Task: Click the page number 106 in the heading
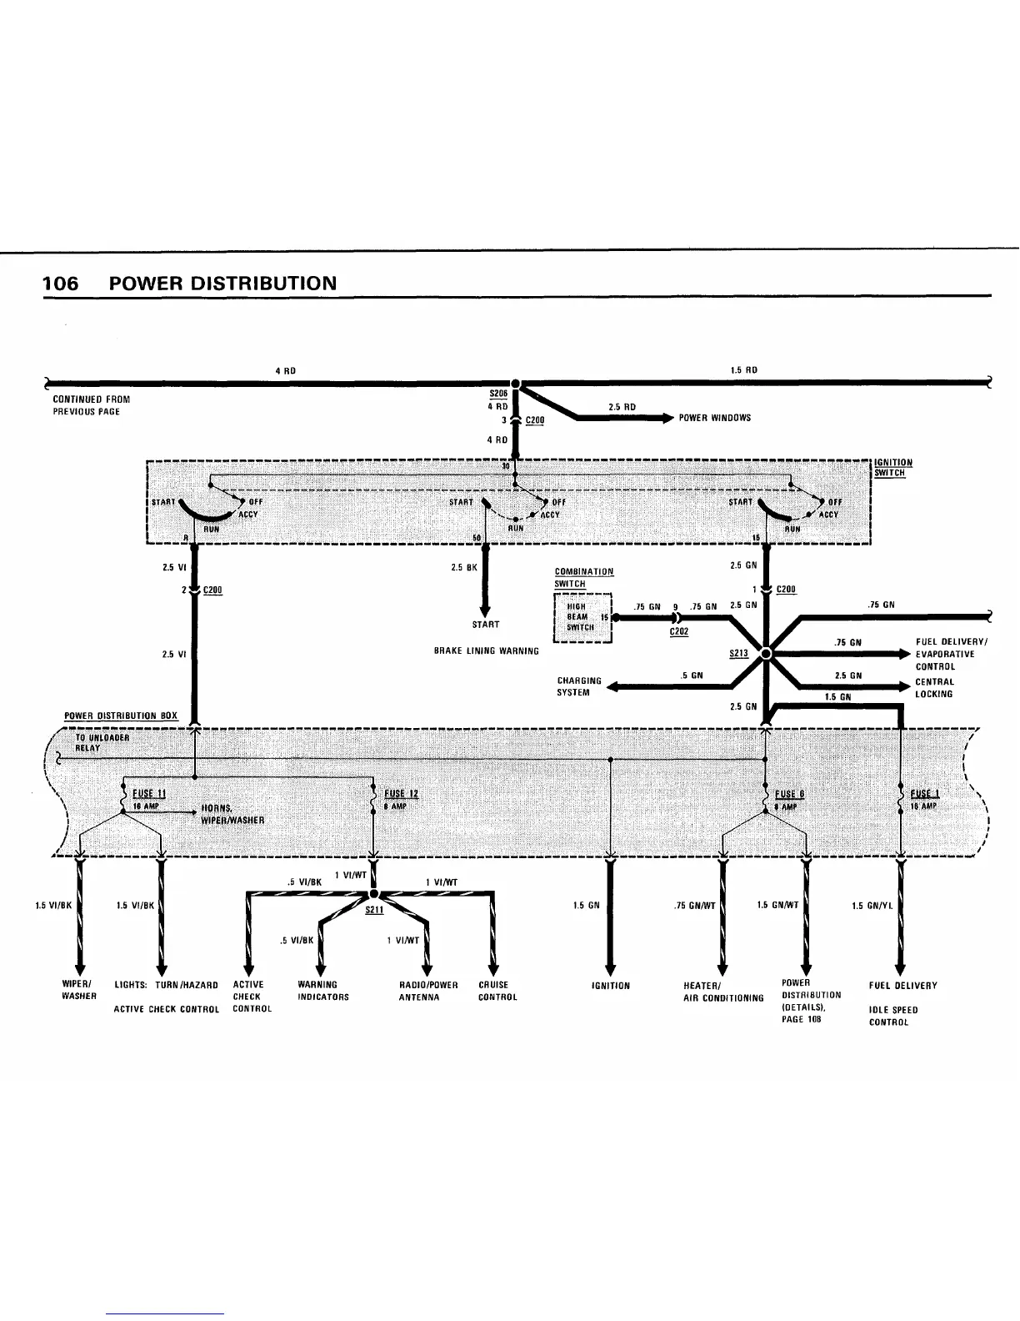coord(61,284)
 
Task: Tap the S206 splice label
coord(498,394)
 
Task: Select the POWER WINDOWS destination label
coord(714,418)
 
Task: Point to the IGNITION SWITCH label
coord(892,468)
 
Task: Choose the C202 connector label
coord(679,632)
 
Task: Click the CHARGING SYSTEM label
coord(578,686)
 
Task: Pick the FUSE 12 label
coord(401,793)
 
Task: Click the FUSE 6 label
coord(789,794)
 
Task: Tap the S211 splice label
coord(373,910)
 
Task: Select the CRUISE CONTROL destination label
coord(497,991)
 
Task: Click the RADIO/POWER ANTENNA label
coord(428,991)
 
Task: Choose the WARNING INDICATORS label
coord(322,991)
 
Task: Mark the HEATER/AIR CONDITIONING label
coord(722,992)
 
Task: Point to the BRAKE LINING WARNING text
coord(486,650)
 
